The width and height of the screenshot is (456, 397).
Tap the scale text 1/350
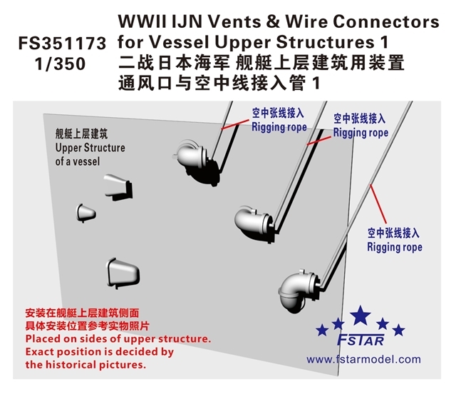[59, 64]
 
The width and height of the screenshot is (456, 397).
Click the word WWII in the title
[144, 21]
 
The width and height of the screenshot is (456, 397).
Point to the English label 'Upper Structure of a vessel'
[89, 154]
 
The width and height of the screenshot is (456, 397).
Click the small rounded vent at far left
[85, 212]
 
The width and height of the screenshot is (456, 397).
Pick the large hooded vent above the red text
[124, 271]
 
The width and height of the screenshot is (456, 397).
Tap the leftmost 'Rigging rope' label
[279, 127]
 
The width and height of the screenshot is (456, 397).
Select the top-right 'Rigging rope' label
[361, 133]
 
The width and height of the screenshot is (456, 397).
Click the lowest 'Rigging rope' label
[394, 247]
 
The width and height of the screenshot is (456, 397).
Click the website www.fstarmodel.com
[363, 359]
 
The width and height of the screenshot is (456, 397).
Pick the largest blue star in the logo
[361, 314]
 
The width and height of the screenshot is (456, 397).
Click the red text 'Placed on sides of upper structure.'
[118, 338]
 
